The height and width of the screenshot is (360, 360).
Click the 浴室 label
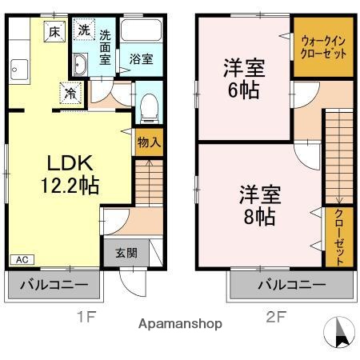click(141, 59)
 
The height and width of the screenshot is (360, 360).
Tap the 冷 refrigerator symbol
click(71, 93)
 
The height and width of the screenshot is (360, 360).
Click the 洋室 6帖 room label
click(242, 78)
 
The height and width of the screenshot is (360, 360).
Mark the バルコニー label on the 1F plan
click(55, 285)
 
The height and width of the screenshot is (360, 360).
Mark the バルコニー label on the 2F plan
click(290, 285)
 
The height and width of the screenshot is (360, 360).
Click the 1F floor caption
click(86, 317)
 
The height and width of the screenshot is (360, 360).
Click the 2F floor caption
click(274, 317)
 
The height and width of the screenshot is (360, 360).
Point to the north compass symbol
click(339, 332)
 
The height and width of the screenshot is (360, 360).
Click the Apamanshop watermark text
click(180, 325)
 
